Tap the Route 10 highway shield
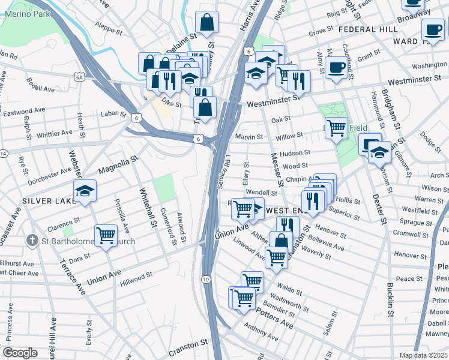[206, 280]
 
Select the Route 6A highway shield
[79, 77]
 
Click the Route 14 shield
[3, 154]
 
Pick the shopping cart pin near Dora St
[106, 235]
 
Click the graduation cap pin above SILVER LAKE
[85, 190]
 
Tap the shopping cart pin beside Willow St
[336, 127]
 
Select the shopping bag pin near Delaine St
[206, 23]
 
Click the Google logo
[20, 353]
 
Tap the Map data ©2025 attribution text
[423, 355]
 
